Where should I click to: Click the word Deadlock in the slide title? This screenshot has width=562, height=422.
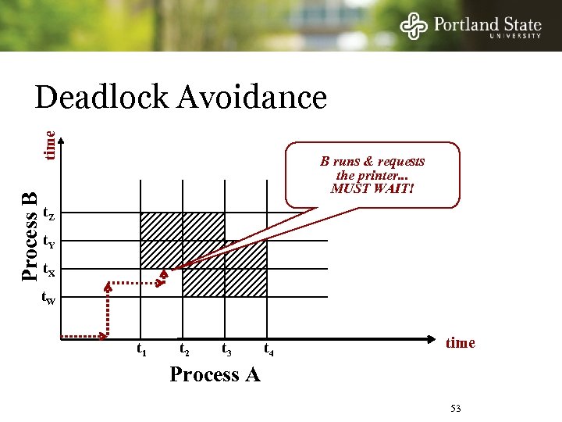pos(101,98)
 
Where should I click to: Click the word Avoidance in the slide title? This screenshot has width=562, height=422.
pos(252,98)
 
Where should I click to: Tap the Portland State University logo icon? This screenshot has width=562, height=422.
pos(414,25)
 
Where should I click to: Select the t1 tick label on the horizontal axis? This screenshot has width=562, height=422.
pos(141,350)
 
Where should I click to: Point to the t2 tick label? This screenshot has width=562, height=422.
pos(184,350)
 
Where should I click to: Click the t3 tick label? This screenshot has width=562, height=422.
pos(226,350)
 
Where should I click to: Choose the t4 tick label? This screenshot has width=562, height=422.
pos(269,350)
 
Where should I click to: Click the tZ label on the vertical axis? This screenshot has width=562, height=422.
pos(48,213)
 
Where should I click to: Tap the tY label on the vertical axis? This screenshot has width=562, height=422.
pos(48,241)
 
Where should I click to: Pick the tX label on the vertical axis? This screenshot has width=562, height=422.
pos(48,270)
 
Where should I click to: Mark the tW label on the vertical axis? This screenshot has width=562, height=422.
pos(48,299)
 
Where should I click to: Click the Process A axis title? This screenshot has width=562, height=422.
pos(215,374)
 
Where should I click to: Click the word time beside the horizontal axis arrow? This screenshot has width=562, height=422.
pos(460,342)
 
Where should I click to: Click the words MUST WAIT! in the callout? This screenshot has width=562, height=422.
pos(372,188)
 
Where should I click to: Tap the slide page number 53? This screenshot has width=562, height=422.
pos(456,409)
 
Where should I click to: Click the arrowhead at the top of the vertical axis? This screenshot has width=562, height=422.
pos(62,137)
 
